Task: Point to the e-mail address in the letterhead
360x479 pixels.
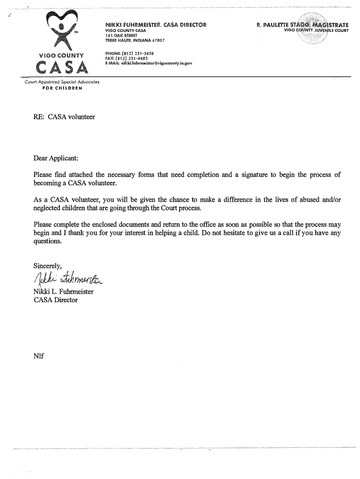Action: click(156, 63)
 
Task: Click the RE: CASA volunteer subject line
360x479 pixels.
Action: click(64, 116)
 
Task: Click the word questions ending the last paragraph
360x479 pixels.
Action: click(47, 241)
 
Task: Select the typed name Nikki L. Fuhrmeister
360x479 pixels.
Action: click(64, 292)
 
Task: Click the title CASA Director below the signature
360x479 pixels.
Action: click(56, 300)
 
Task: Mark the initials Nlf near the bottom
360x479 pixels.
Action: click(38, 356)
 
